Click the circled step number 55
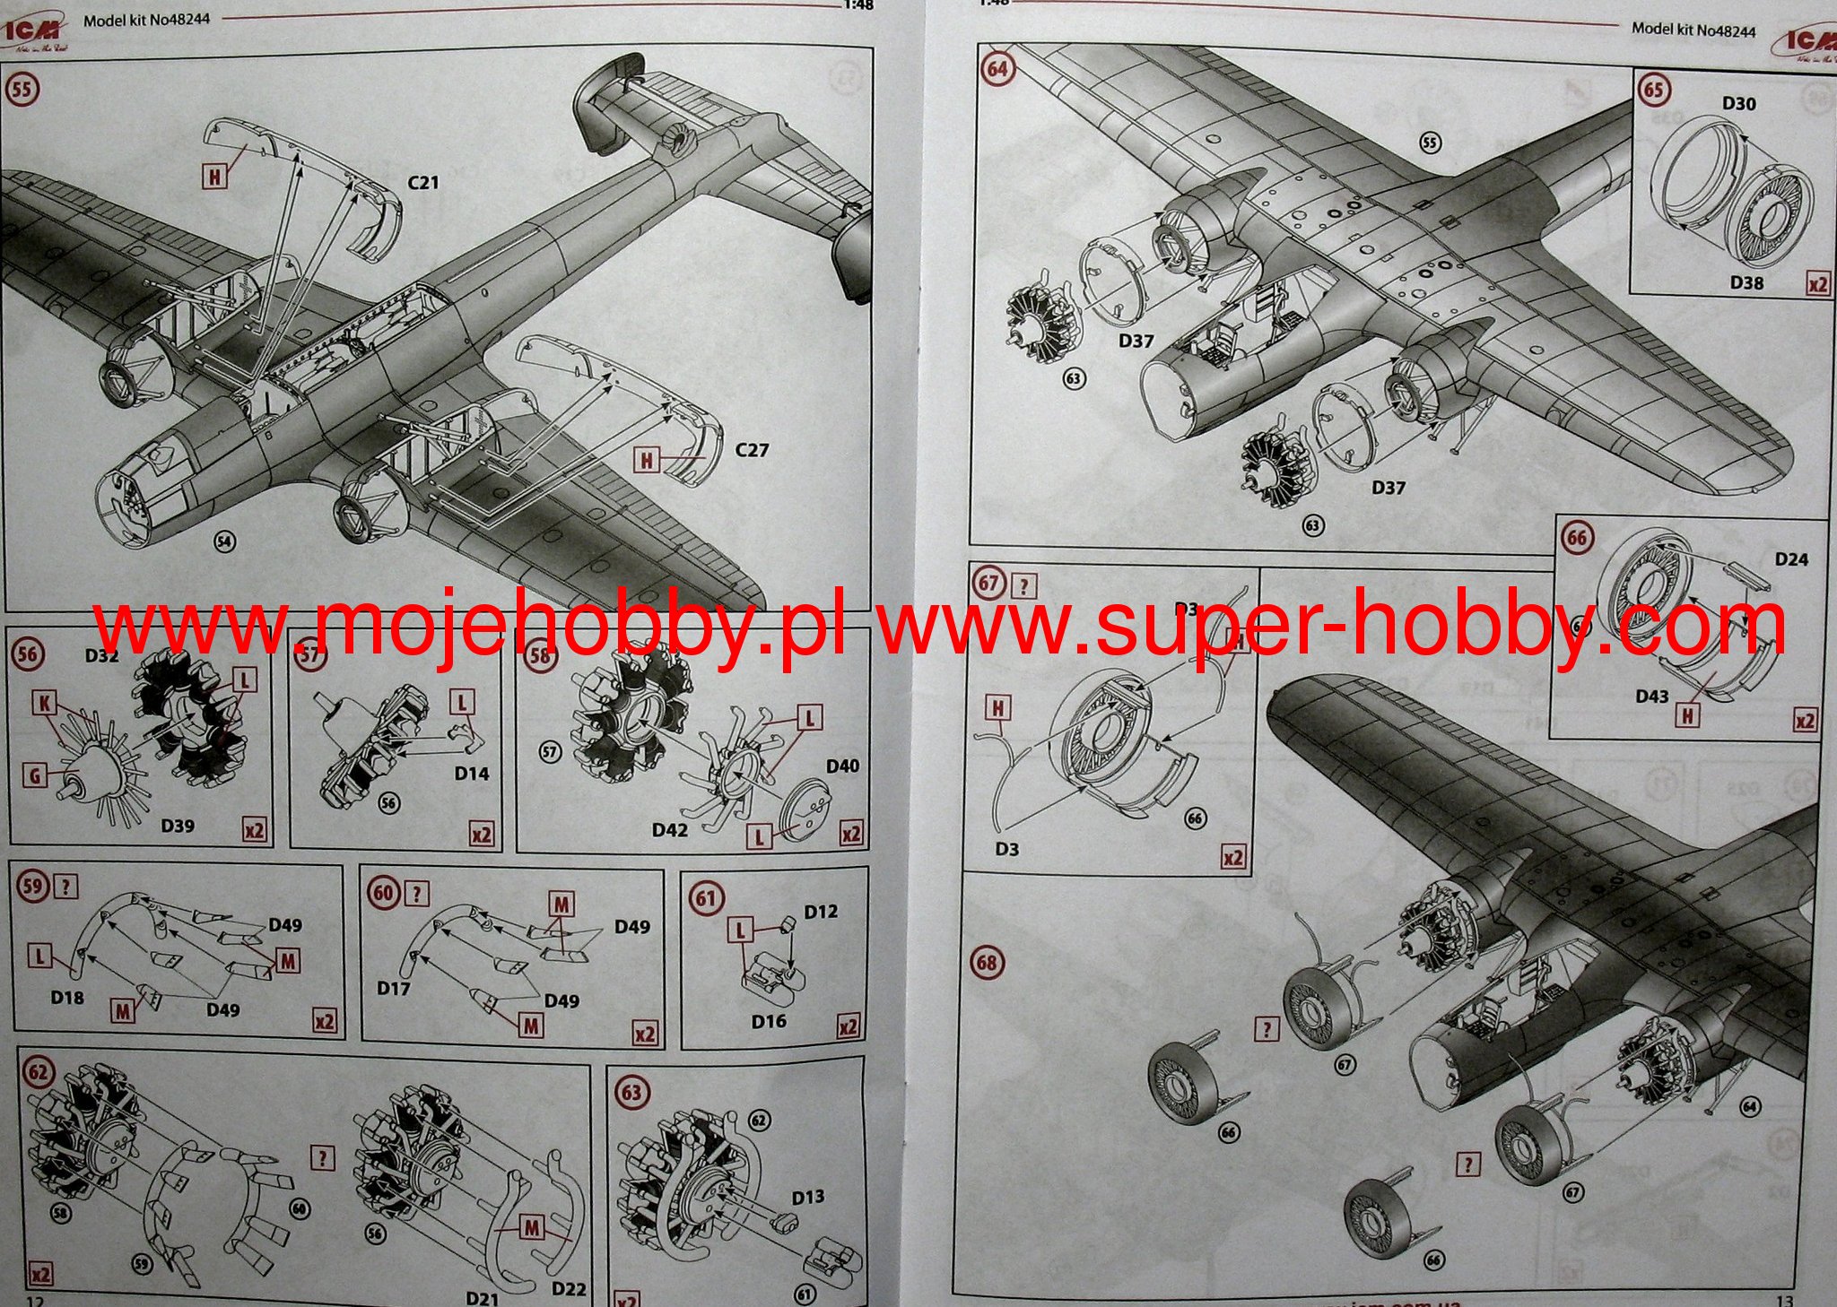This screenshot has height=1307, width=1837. tap(22, 90)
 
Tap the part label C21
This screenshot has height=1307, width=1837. tap(422, 182)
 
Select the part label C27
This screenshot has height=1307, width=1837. tap(752, 450)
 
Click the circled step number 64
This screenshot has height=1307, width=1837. tap(997, 69)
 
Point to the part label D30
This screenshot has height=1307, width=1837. tap(1738, 104)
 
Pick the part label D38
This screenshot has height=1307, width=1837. tap(1746, 283)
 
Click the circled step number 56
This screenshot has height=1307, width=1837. tap(28, 653)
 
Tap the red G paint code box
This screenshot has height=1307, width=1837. tap(35, 775)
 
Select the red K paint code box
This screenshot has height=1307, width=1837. tap(45, 704)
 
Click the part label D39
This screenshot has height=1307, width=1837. tap(178, 826)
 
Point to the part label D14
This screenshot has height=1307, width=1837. tap(472, 774)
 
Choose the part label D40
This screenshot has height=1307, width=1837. tap(842, 766)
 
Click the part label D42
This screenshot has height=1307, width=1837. tap(670, 830)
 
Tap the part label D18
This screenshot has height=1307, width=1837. tap(67, 998)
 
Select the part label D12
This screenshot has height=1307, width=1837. tap(821, 912)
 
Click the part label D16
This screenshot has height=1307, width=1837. tap(769, 1021)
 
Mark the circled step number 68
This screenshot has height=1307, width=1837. tap(987, 963)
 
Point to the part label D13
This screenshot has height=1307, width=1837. tap(807, 1197)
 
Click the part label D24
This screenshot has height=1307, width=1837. tap(1791, 559)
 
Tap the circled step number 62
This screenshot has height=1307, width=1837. tap(39, 1072)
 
